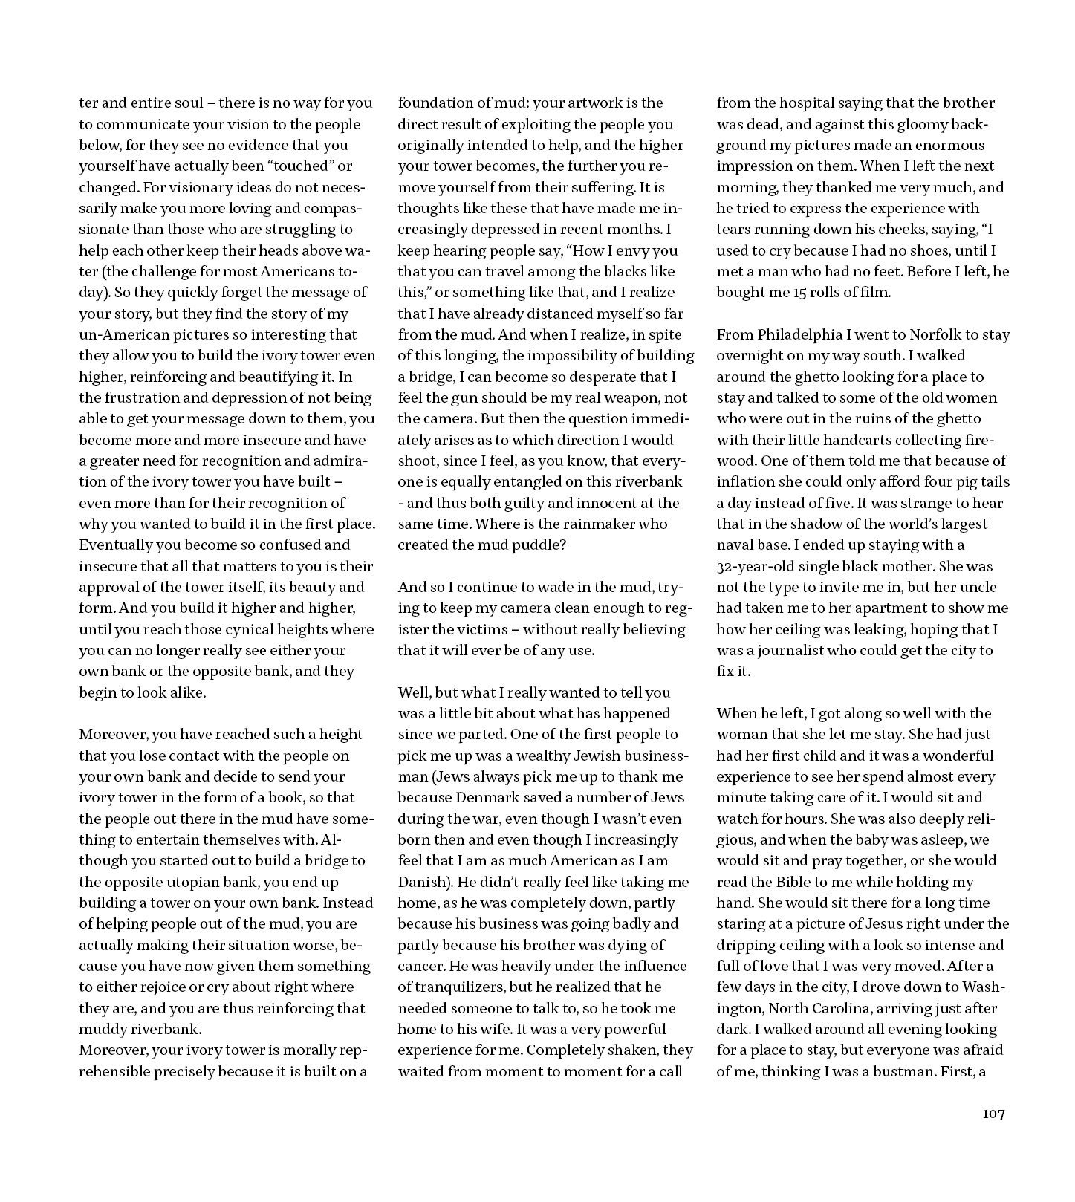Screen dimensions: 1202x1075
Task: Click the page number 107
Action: [993, 1114]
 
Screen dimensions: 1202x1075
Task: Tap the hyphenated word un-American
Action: [121, 334]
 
